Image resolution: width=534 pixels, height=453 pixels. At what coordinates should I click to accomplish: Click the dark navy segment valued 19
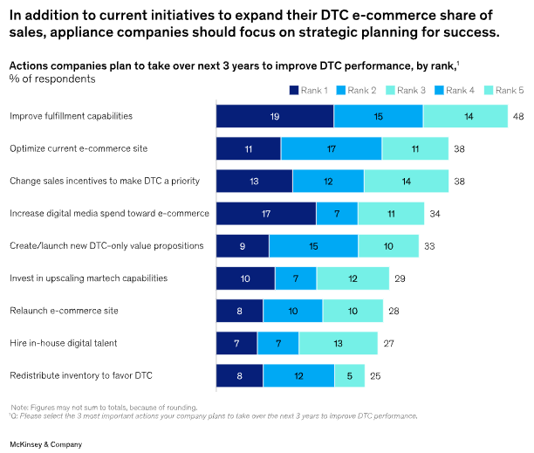pos(275,116)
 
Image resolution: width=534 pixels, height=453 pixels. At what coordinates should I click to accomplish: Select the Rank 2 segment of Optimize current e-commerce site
pos(331,148)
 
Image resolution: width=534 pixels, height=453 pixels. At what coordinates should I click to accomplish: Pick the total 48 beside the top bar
pos(517,116)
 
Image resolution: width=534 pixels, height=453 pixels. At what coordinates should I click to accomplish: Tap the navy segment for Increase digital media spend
pos(265,214)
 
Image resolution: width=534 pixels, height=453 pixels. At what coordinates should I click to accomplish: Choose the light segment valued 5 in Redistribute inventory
pos(349,375)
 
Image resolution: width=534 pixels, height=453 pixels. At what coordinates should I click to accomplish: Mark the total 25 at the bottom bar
pos(376,375)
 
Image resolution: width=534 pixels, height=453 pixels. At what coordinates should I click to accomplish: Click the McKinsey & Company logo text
pos(46,444)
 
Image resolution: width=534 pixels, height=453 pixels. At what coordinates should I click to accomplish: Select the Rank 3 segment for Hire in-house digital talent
pos(338,343)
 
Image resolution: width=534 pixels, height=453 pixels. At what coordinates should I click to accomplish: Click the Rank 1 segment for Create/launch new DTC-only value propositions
pos(243,246)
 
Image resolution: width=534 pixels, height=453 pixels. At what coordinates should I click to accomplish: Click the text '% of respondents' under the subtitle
pos(51,79)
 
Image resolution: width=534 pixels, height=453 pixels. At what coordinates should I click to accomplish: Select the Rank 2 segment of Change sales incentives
pos(328,182)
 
